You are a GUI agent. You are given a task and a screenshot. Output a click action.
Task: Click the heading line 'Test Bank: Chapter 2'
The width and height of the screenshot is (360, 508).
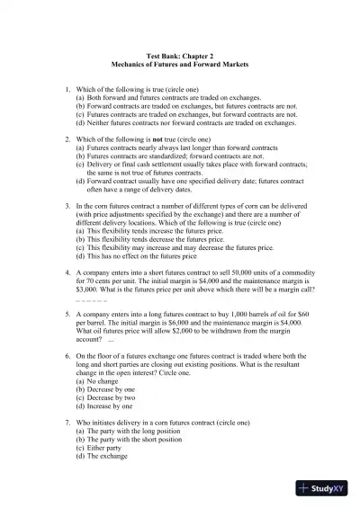tap(179, 56)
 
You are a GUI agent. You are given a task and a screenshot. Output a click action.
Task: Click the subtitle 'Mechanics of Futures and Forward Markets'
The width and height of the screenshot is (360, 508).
tap(179, 66)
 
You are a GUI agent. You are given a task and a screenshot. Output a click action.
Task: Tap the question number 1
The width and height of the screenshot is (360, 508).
tap(67, 88)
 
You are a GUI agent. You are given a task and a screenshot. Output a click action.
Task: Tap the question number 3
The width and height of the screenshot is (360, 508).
tap(67, 205)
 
